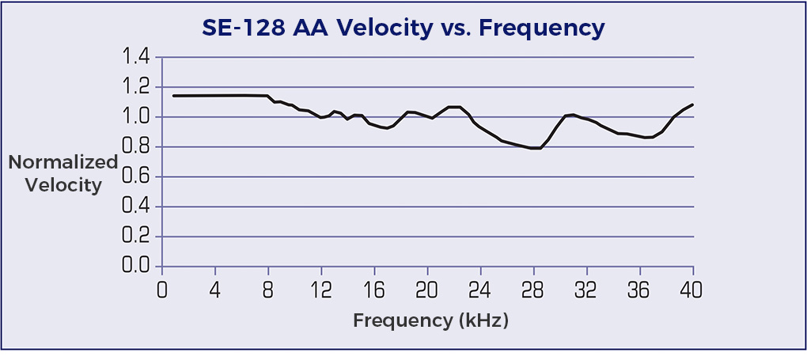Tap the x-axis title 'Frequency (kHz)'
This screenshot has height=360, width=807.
click(x=430, y=321)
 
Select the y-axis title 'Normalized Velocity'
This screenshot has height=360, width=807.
click(x=63, y=174)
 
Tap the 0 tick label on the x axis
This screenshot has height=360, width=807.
click(x=163, y=290)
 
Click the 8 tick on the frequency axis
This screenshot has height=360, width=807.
click(x=269, y=290)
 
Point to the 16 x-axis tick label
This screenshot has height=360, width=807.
click(x=374, y=290)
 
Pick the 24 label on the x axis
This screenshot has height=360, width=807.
click(x=480, y=290)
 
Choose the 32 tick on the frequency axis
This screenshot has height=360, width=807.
click(x=586, y=290)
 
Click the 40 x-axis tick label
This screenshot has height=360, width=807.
click(x=692, y=290)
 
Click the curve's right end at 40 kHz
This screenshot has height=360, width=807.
click(x=693, y=104)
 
